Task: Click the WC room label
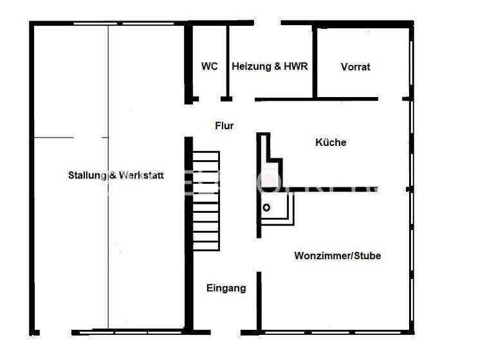[209, 66]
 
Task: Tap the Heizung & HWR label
[270, 66]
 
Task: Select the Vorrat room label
[356, 67]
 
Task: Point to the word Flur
[224, 126]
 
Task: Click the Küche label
[331, 142]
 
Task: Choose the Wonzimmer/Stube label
[337, 256]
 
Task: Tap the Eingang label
[226, 289]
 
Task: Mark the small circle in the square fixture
[266, 207]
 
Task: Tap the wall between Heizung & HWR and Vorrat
[315, 62]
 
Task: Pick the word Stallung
[87, 175]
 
